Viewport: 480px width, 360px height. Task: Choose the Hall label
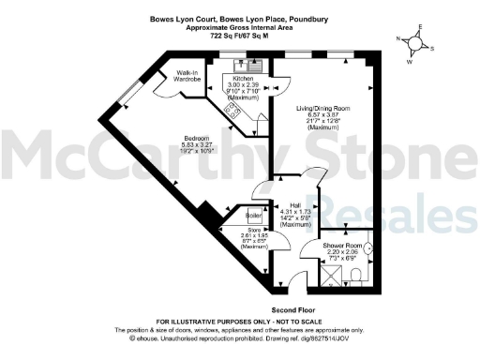[295, 204]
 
